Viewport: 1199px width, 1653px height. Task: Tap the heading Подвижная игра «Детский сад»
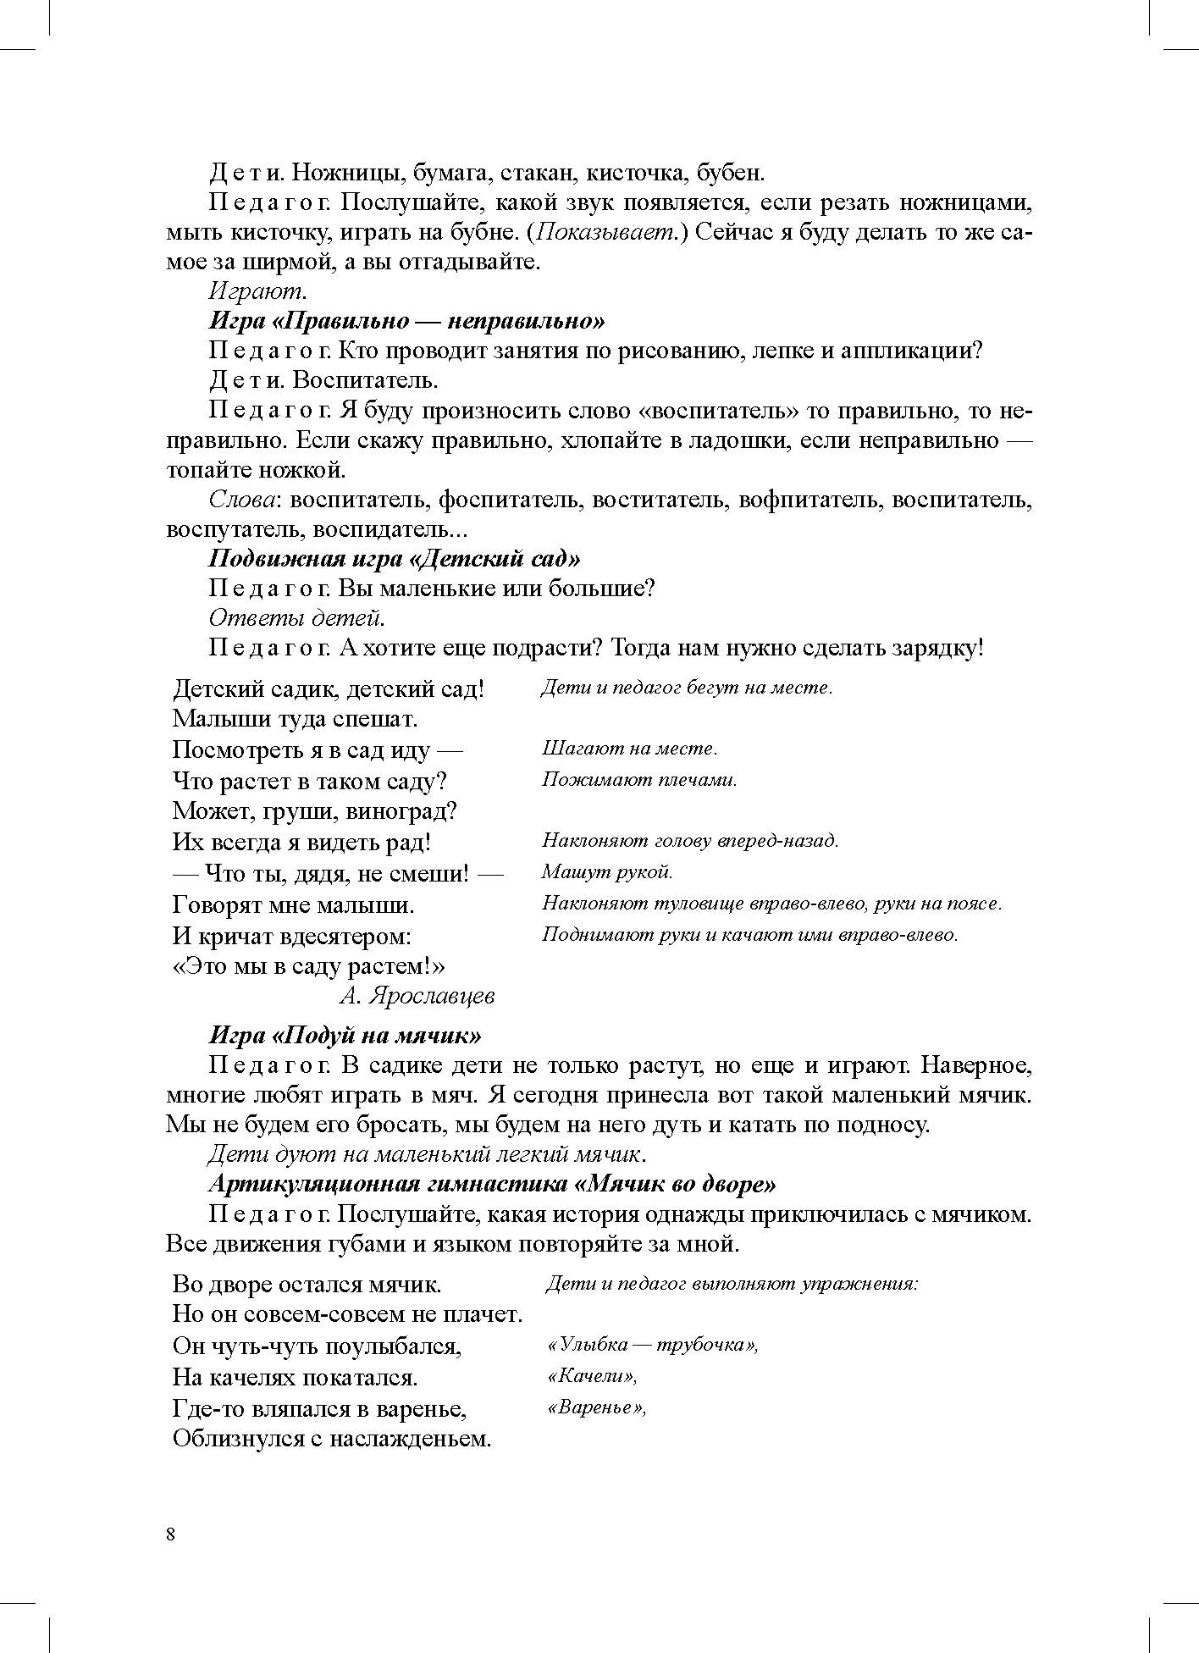(x=394, y=559)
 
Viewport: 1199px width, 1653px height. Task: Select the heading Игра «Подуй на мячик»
(x=345, y=1036)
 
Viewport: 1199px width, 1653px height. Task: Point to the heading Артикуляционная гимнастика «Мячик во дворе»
(x=492, y=1184)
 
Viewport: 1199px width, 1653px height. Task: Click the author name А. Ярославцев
(x=417, y=996)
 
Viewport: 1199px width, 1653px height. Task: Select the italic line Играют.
(x=257, y=292)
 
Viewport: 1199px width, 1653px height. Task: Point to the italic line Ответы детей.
(x=297, y=618)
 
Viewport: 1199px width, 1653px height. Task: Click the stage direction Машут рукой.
(x=607, y=872)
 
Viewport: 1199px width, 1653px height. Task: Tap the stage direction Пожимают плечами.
(x=639, y=780)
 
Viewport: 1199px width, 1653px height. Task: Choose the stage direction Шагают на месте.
(x=629, y=749)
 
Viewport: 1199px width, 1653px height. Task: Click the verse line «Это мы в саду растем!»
(x=309, y=966)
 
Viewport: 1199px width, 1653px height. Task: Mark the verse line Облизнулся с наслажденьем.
(x=332, y=1439)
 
